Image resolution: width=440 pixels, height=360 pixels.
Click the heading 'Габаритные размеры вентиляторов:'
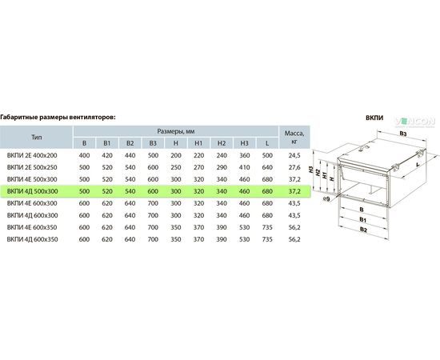58,117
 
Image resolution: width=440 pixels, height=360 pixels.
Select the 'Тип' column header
37,138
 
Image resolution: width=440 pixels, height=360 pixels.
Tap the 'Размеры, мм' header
176,131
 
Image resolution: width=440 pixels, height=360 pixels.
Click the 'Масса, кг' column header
294,138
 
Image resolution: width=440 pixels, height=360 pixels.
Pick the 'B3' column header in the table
153,143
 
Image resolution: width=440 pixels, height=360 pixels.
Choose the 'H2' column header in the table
222,143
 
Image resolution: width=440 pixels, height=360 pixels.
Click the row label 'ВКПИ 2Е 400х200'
32,155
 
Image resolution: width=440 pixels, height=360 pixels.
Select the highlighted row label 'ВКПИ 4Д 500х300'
33,191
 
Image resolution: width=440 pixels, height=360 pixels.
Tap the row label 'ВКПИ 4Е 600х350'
32,227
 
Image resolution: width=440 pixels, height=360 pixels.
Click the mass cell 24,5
294,155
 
